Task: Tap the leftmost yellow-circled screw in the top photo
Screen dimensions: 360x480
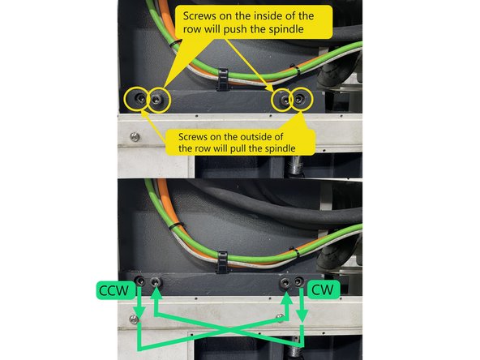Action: [137, 100]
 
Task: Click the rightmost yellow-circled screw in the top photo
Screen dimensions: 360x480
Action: [302, 100]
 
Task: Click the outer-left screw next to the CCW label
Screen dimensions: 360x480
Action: [140, 281]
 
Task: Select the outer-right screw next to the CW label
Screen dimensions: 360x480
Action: [300, 281]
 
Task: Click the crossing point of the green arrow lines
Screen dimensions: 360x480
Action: [220, 328]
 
